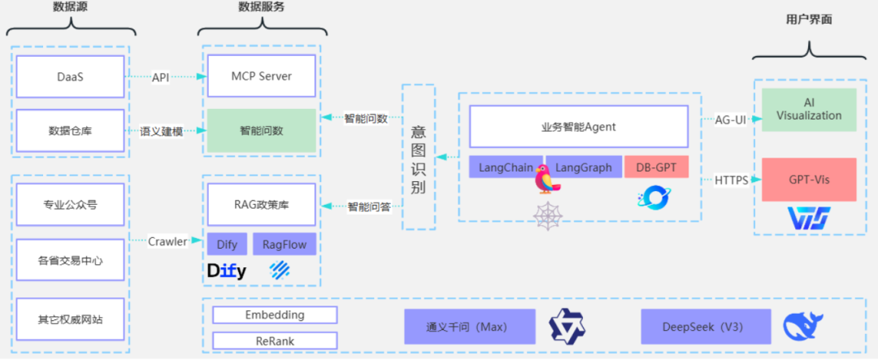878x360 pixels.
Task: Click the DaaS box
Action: (70, 76)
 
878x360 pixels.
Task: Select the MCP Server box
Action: (261, 76)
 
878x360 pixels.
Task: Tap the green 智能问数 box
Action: (261, 130)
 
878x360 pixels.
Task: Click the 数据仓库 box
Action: (70, 130)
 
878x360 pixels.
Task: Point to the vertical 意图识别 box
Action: (418, 157)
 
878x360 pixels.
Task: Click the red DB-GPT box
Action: (655, 167)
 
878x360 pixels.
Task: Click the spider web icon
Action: (547, 215)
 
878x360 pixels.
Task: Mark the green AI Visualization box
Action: (808, 110)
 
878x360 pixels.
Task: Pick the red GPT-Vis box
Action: (808, 180)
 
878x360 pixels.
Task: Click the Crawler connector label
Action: (168, 241)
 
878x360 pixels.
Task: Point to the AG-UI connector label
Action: (731, 119)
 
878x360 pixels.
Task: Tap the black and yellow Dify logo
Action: (227, 271)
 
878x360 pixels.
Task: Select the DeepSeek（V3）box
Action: (703, 327)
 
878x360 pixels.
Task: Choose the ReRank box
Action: (274, 340)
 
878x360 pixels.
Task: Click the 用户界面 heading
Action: (809, 20)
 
